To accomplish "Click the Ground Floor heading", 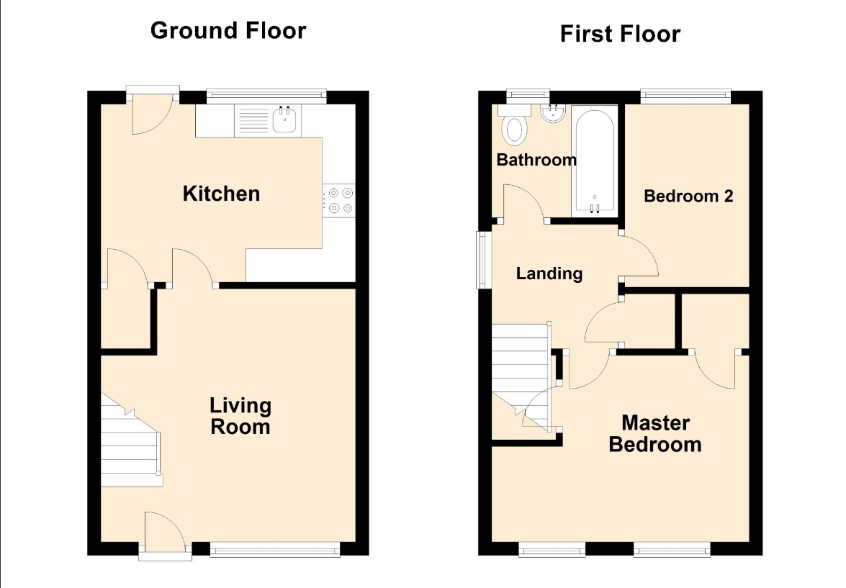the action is tap(228, 30).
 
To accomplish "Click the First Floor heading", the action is tap(620, 34).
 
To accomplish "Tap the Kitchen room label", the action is tap(221, 194).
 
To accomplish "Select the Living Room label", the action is tap(240, 416).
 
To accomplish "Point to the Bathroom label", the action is tap(536, 160).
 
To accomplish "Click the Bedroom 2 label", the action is tap(688, 196).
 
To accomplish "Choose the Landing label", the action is tap(549, 273).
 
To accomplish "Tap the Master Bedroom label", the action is tap(655, 434).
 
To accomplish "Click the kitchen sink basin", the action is tap(284, 119).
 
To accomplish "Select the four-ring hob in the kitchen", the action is tap(339, 200).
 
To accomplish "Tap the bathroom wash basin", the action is tap(553, 113).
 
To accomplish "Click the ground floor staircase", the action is tap(131, 440).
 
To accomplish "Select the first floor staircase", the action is tap(522, 378).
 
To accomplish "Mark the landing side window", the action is tap(481, 260).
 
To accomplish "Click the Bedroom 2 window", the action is tap(685, 96).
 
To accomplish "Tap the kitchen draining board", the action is tap(253, 119).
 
